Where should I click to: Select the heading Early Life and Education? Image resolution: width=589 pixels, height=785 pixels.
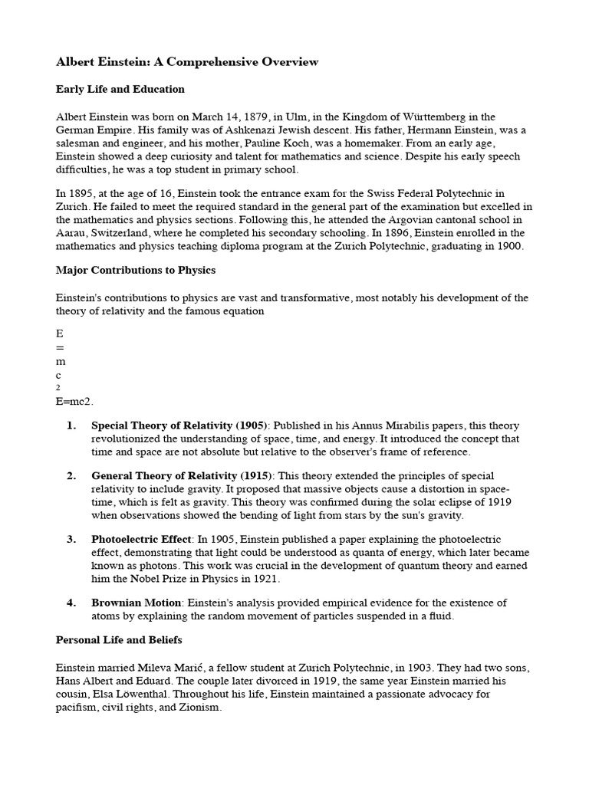pos(120,89)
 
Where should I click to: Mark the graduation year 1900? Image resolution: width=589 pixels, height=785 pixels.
pos(508,247)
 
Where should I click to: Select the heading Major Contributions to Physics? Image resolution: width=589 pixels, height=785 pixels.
pos(136,271)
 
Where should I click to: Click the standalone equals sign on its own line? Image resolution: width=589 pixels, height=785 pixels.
pos(60,348)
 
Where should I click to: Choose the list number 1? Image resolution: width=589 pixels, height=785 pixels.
pos(71,425)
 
